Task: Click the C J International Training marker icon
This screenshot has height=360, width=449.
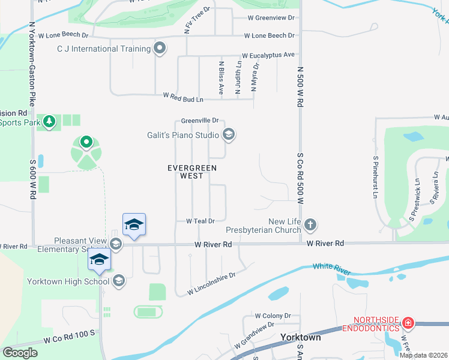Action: (159, 49)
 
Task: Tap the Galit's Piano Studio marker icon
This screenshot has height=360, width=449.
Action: (228, 134)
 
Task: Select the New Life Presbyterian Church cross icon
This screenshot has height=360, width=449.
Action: (310, 226)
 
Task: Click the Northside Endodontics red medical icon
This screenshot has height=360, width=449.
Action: (408, 323)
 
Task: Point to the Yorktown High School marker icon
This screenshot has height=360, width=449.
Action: (118, 281)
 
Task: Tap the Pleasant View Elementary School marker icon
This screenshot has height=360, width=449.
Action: (116, 244)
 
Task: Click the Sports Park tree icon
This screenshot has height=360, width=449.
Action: (49, 122)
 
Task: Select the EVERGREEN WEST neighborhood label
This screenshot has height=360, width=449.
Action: (192, 172)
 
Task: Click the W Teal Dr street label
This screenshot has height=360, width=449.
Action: (200, 221)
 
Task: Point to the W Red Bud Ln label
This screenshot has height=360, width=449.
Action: (183, 96)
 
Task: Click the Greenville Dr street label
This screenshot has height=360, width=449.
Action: (200, 121)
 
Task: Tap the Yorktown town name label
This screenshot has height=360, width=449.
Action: (300, 337)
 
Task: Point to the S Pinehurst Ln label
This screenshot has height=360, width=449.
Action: (375, 178)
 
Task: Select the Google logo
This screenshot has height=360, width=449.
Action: (20, 353)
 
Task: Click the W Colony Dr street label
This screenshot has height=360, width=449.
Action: (273, 316)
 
